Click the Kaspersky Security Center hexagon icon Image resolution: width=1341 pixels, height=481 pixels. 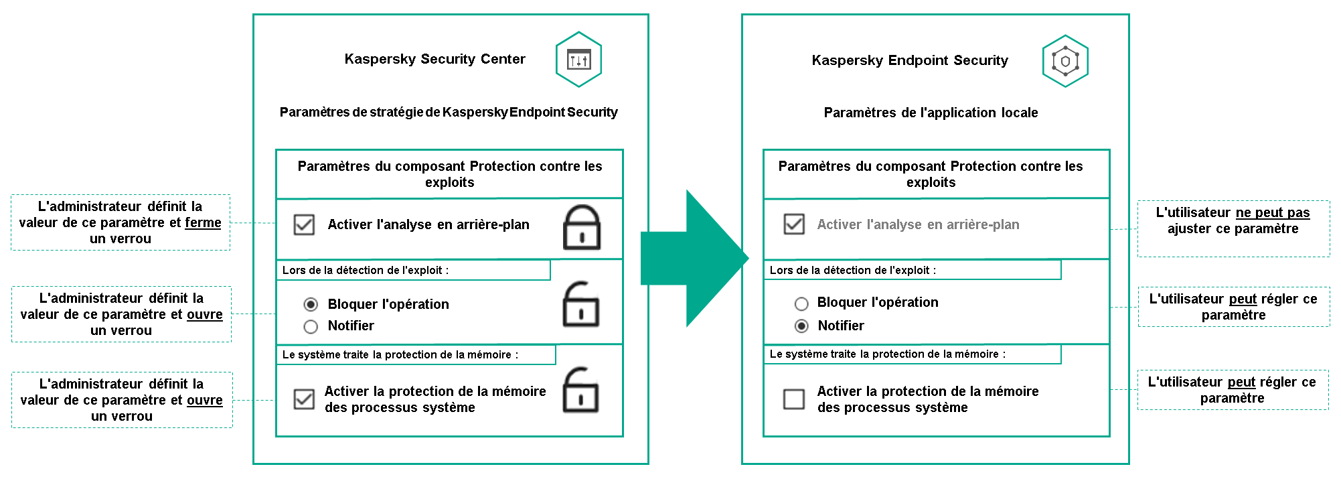point(578,60)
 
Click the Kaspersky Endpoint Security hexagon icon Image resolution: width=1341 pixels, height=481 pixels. point(1065,61)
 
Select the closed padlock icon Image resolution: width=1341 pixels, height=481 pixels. point(581,228)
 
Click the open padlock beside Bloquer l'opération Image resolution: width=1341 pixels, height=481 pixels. point(580,305)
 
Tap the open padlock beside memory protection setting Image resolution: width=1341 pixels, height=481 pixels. point(580,391)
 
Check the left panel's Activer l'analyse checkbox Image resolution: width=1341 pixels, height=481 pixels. point(304,224)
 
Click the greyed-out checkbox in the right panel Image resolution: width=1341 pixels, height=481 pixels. point(794,224)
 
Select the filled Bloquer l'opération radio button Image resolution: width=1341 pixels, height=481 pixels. point(311,305)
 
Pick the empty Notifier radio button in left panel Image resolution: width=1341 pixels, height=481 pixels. point(311,326)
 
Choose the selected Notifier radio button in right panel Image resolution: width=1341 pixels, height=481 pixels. point(801,326)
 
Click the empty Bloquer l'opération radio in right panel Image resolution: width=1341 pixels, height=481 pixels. point(801,303)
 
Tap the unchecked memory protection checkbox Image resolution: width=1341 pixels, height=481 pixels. point(794,399)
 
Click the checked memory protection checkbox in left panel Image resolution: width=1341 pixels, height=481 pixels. point(304,399)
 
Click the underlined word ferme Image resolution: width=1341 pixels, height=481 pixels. point(203,222)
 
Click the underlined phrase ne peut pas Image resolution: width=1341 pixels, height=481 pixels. point(1272,212)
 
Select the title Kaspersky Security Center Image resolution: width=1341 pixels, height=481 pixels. point(435,59)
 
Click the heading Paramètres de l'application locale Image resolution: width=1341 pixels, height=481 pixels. point(931,113)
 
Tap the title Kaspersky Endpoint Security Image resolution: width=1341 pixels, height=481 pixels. point(909,60)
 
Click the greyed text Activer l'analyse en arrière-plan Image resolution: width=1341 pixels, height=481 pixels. point(918,224)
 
